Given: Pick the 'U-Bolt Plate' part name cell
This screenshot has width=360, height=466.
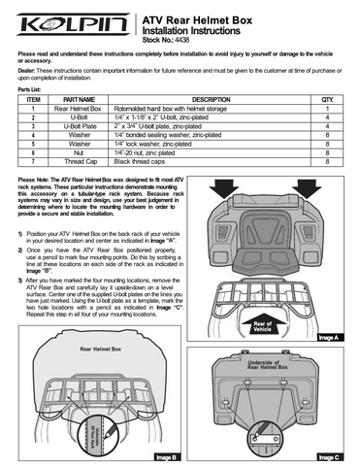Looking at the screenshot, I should (79, 126).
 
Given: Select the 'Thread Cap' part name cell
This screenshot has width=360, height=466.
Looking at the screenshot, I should (79, 162).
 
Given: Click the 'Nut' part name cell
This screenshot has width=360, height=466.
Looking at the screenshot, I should (79, 153).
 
